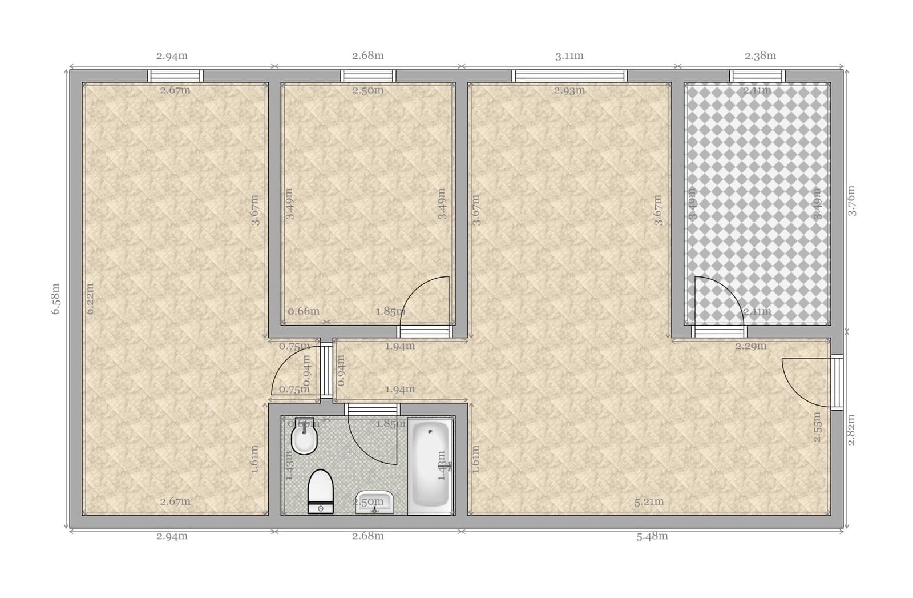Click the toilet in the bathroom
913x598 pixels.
click(320, 491)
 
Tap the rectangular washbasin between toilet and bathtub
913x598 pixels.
click(374, 502)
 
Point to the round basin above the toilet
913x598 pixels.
click(304, 439)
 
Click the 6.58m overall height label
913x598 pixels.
click(56, 299)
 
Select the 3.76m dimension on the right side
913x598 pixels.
click(851, 200)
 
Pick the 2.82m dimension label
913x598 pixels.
click(851, 430)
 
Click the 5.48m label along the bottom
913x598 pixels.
click(652, 536)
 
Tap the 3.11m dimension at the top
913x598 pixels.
click(569, 56)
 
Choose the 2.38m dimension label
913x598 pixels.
click(760, 56)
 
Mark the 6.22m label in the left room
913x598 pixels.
click(90, 299)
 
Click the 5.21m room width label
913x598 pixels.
click(649, 502)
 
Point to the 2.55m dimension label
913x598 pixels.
click(817, 427)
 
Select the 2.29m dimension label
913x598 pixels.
click(750, 346)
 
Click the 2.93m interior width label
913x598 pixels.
click(569, 90)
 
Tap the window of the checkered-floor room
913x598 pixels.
click(757, 75)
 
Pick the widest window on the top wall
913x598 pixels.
click(569, 75)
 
